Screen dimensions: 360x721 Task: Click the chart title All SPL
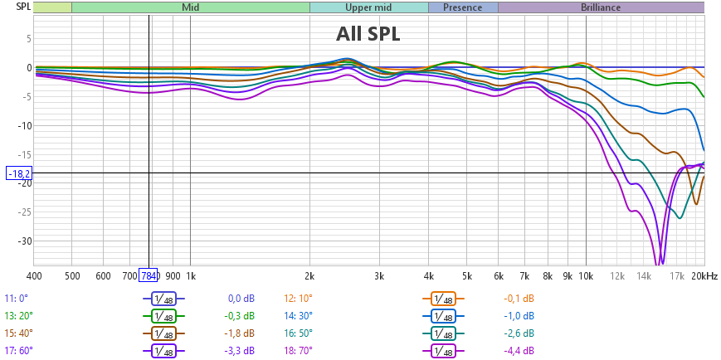click(368, 33)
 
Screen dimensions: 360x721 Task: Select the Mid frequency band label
click(190, 7)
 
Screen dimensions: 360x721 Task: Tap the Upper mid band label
click(368, 7)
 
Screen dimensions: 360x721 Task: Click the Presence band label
click(462, 7)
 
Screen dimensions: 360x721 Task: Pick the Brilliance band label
click(600, 7)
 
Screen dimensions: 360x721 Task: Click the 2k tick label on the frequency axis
click(309, 275)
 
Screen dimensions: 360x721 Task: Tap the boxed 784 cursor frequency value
click(149, 275)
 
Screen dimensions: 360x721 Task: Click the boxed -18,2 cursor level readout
click(19, 173)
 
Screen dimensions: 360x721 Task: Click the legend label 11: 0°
click(17, 299)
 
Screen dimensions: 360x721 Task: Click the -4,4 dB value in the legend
click(519, 351)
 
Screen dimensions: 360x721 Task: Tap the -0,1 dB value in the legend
click(519, 299)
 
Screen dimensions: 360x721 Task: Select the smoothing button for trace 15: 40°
click(163, 333)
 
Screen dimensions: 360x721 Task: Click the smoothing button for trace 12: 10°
click(444, 299)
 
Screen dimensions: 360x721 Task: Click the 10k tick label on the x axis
click(587, 275)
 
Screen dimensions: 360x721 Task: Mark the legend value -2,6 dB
click(519, 333)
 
